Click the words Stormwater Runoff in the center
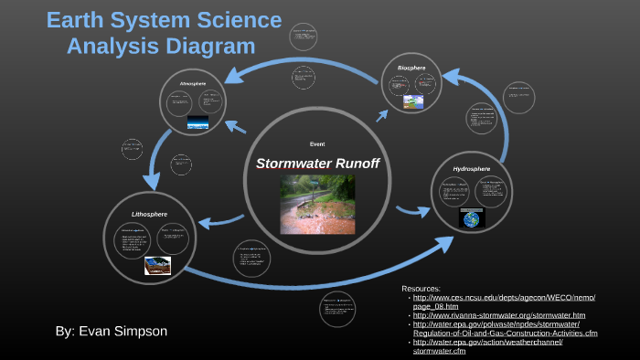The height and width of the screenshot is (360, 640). [317, 164]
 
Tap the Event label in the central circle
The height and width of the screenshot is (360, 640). [317, 144]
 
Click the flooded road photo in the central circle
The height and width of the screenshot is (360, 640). [317, 204]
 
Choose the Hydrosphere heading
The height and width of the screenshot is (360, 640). [472, 168]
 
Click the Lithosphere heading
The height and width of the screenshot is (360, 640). [149, 213]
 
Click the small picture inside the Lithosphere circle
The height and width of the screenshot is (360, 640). [158, 266]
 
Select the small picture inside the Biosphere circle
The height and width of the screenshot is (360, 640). [413, 102]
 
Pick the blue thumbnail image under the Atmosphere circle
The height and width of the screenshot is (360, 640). [198, 122]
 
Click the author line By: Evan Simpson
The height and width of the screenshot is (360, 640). [112, 331]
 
